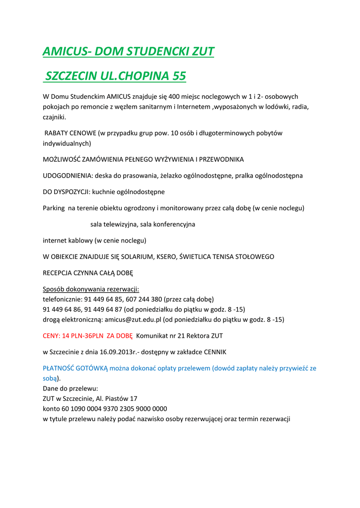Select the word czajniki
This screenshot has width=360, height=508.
coord(54,118)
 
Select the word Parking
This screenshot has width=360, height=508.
coord(54,208)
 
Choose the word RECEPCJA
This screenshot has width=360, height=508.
coord(59,273)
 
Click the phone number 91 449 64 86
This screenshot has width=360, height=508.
coord(64,309)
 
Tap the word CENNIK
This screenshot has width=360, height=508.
coord(213,352)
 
